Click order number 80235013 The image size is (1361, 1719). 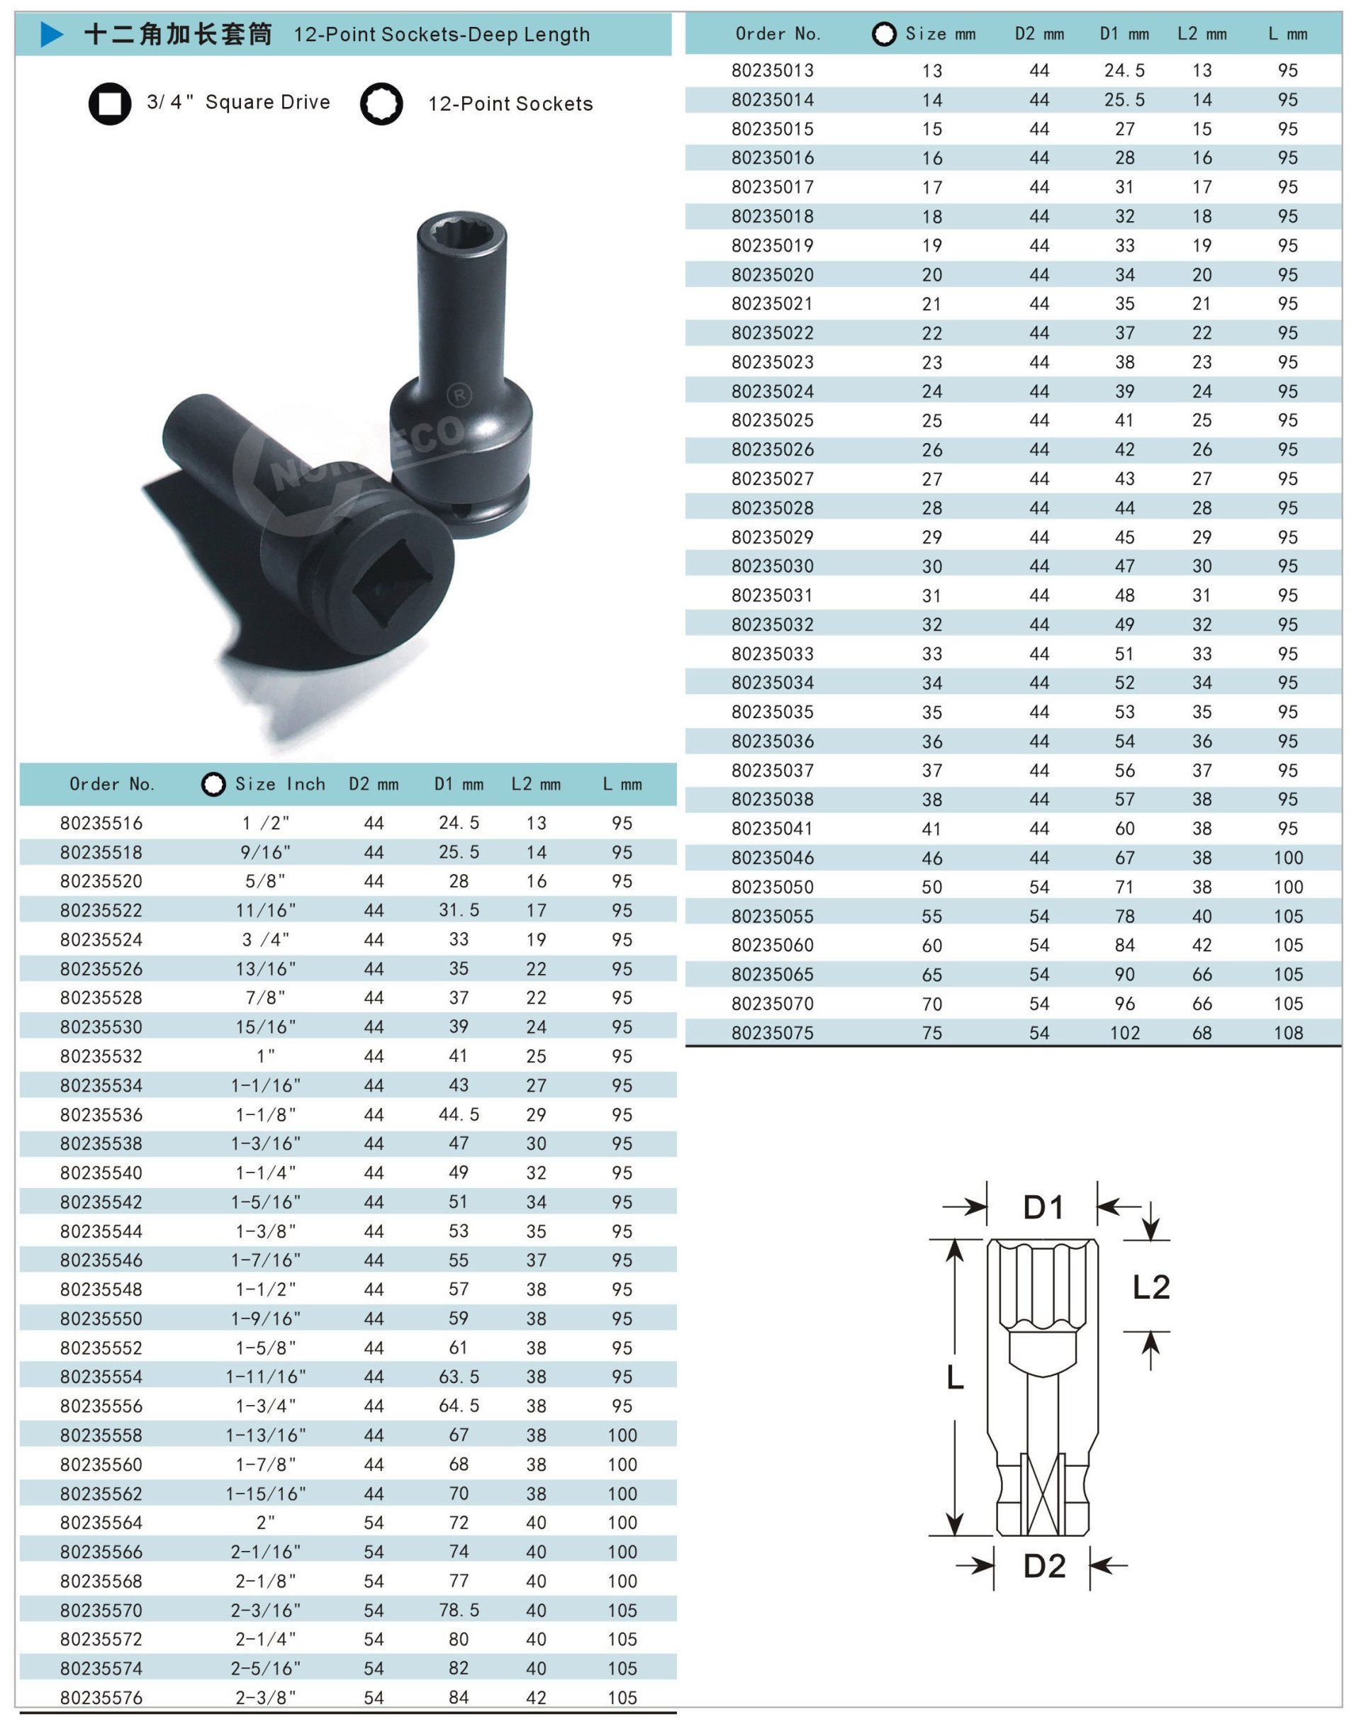772,70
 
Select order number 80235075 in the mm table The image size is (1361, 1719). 772,1033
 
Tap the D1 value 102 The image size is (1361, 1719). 1124,1033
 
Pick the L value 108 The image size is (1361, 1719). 1288,1033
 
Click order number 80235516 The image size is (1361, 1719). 101,823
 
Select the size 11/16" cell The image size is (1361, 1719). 266,910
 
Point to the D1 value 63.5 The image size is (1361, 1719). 459,1377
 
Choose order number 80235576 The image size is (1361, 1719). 101,1698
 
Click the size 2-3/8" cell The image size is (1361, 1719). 266,1698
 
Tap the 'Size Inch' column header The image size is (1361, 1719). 280,784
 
